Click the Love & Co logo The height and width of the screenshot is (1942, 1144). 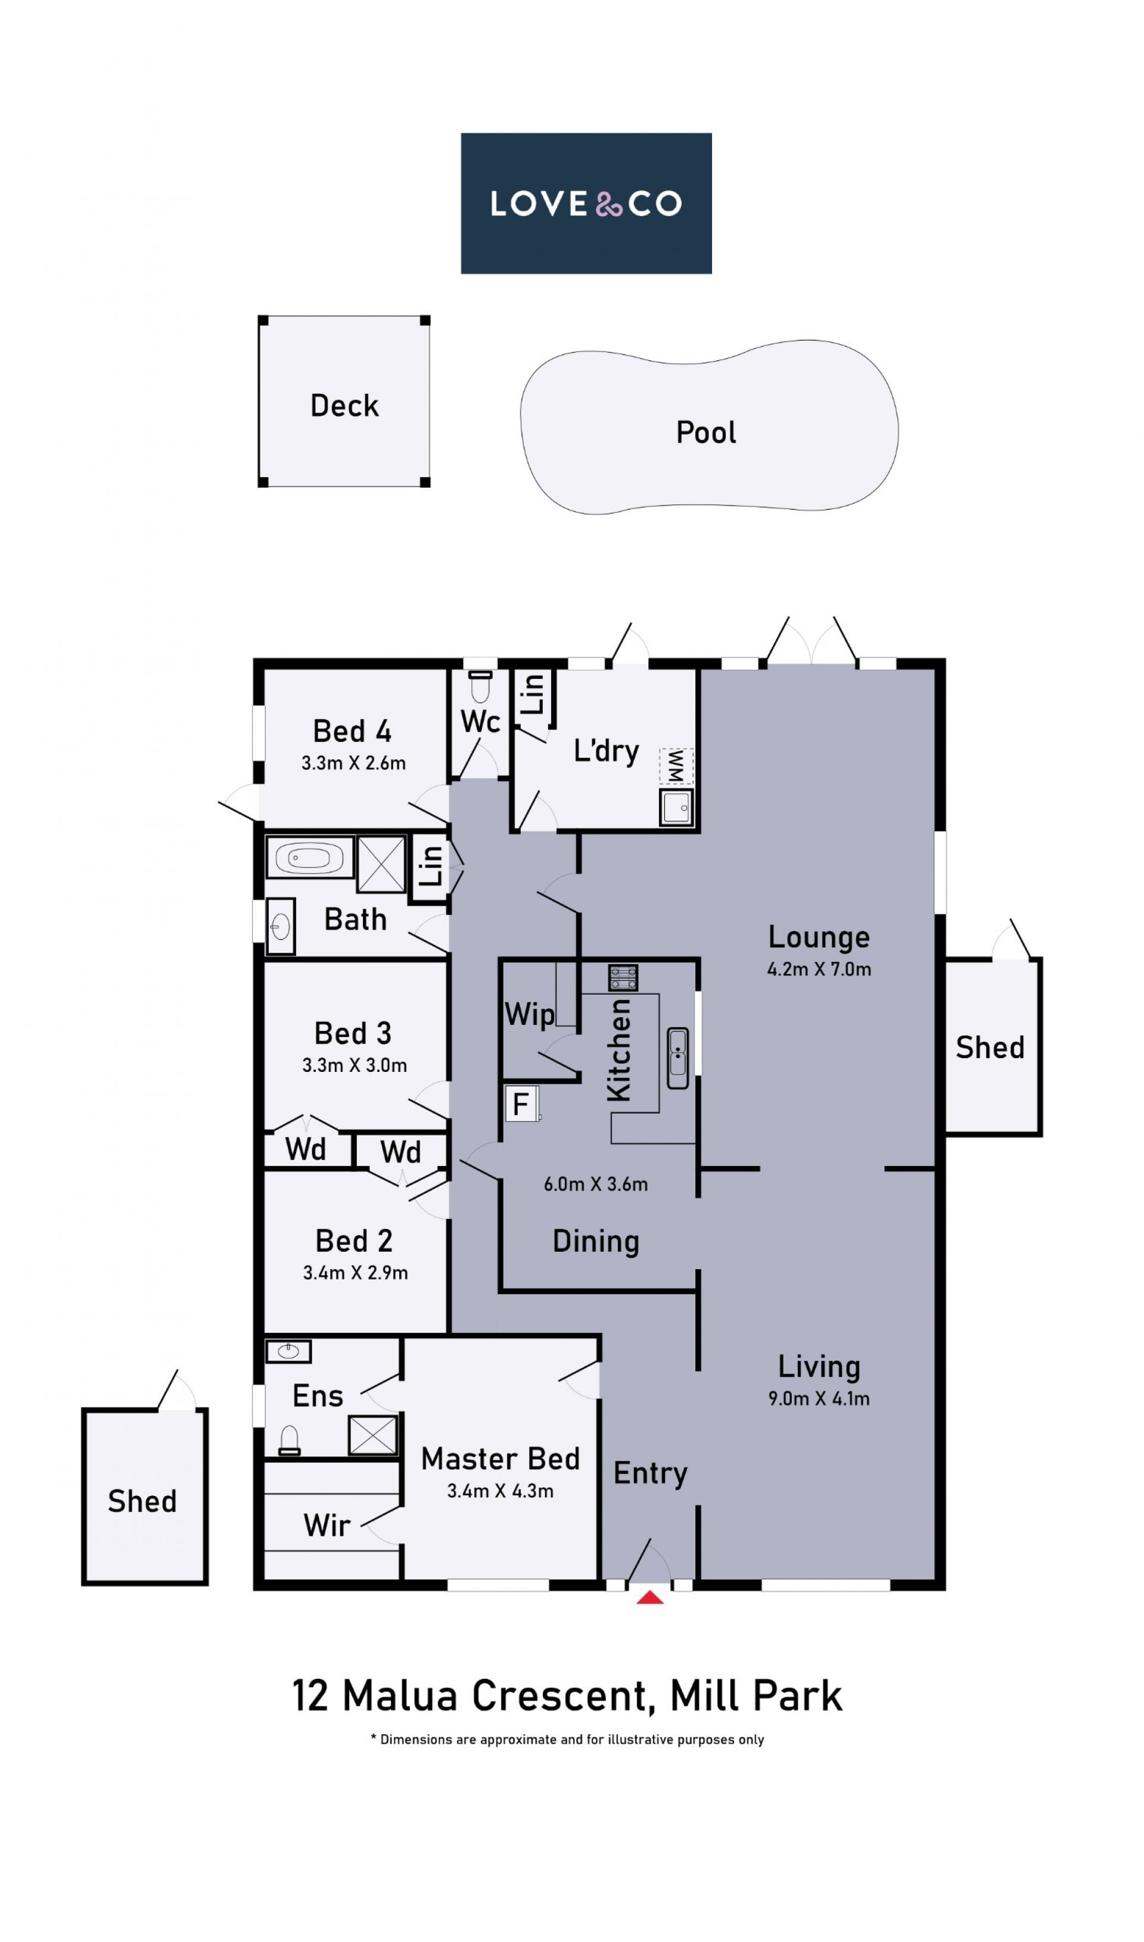pyautogui.click(x=586, y=204)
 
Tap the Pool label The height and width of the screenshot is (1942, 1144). pyautogui.click(x=705, y=432)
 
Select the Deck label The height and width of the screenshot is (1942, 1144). pyautogui.click(x=344, y=406)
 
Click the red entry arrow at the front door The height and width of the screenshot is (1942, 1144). pyautogui.click(x=650, y=1598)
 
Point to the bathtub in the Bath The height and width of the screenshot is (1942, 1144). pyautogui.click(x=309, y=857)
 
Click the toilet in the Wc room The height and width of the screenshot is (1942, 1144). pyautogui.click(x=480, y=686)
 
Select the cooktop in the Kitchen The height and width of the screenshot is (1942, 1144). pyautogui.click(x=623, y=978)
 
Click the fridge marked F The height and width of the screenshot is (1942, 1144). pyautogui.click(x=522, y=1104)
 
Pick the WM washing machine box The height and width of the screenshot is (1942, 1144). pyautogui.click(x=676, y=766)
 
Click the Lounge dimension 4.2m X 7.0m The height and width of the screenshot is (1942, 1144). pyautogui.click(x=819, y=970)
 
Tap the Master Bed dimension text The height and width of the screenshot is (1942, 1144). pyautogui.click(x=500, y=1491)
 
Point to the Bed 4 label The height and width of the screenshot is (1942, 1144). pyautogui.click(x=352, y=731)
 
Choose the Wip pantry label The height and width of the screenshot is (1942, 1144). pyautogui.click(x=529, y=1015)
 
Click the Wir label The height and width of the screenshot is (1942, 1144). pyautogui.click(x=327, y=1526)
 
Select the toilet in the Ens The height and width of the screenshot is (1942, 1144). pyautogui.click(x=289, y=1441)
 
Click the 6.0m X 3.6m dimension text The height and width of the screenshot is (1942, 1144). pyautogui.click(x=596, y=1184)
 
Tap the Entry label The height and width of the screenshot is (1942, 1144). pyautogui.click(x=650, y=1473)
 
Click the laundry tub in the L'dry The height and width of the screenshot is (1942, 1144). pyautogui.click(x=677, y=808)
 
